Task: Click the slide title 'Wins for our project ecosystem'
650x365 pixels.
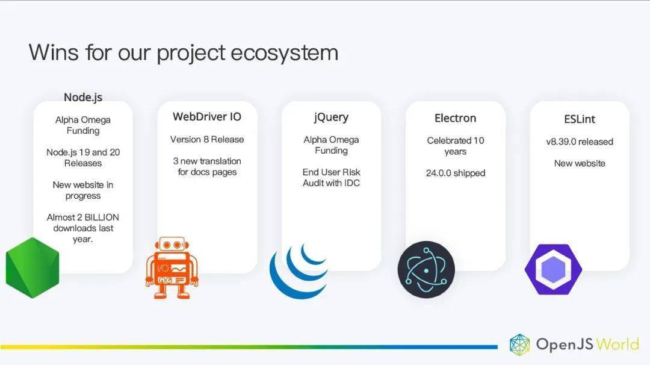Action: pos(183,53)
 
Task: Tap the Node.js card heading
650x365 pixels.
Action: pos(83,97)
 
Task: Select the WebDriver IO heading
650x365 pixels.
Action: pos(207,117)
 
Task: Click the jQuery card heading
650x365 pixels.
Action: pos(331,117)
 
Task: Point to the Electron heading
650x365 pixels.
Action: pos(455,118)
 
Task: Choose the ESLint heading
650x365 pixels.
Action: pos(580,119)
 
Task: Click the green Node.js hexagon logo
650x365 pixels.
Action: pos(32,267)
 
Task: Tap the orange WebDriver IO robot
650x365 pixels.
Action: pos(172,267)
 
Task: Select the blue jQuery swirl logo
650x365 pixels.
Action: pos(299,271)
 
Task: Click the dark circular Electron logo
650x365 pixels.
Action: pos(426,270)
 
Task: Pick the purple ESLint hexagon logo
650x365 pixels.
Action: pos(553,270)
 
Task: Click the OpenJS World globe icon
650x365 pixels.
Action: pos(520,345)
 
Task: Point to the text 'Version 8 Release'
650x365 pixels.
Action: pos(207,139)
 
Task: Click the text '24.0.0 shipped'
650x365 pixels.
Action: pos(455,173)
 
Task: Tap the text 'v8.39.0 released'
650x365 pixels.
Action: pos(580,142)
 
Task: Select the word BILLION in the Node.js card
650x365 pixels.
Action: pos(102,217)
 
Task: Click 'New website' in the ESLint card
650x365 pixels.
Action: pos(580,163)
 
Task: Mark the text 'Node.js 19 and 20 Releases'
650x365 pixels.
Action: pos(83,158)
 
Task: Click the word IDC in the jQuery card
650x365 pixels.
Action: pos(351,183)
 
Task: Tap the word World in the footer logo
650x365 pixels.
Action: pos(617,345)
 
